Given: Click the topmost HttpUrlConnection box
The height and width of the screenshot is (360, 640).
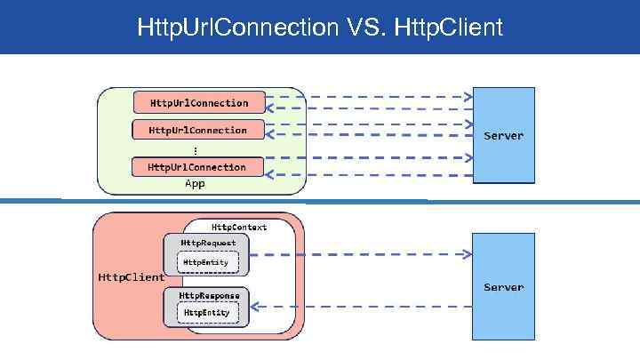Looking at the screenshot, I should [199, 102].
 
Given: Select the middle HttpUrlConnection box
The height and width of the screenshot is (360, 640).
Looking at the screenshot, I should [198, 130].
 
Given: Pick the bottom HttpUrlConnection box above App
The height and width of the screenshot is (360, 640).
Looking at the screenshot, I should [197, 166].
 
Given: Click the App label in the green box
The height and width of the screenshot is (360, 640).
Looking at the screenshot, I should [195, 183].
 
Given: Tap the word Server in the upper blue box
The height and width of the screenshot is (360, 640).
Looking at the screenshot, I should [503, 136].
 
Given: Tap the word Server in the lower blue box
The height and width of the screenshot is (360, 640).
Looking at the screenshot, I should [503, 287].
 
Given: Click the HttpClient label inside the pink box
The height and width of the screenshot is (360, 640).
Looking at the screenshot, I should [130, 276].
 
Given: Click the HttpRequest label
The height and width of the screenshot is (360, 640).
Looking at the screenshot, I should [209, 242].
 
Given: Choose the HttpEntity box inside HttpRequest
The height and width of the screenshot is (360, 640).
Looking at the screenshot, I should [206, 262].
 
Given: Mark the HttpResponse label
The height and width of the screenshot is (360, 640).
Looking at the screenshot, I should [209, 294].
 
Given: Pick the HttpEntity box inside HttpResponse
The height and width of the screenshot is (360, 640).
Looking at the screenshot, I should [206, 313].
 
